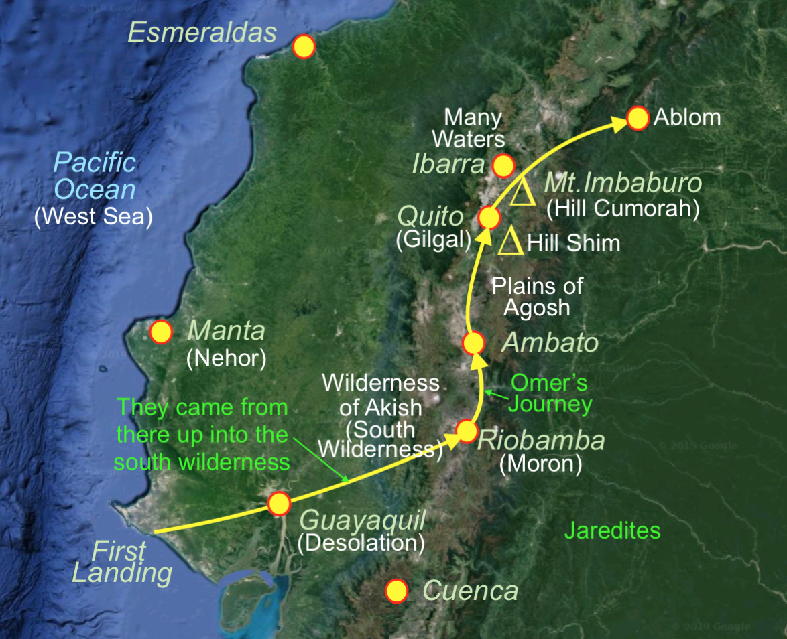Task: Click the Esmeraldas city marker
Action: pos(304,46)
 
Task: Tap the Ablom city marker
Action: pos(638,118)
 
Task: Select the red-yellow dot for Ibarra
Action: pos(502,165)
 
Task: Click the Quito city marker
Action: pos(489,218)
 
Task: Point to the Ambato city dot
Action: pos(473,343)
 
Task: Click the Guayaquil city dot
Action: pos(278,502)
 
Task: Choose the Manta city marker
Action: pos(161,332)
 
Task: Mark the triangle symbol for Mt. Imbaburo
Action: pos(523,192)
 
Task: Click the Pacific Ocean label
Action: pos(95,175)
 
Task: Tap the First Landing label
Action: pos(121,563)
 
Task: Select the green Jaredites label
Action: pos(612,531)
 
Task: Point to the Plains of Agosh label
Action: pos(538,297)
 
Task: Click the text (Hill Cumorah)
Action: pos(623,210)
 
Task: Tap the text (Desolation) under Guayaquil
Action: pos(361,543)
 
